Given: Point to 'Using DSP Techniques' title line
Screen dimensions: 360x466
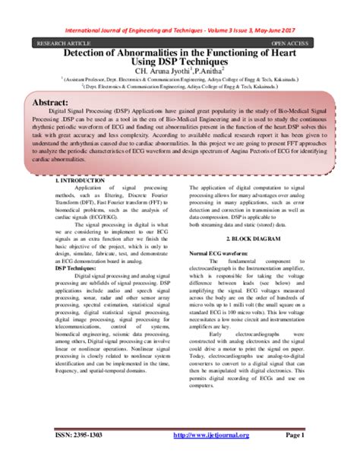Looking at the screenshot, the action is pyautogui.click(x=180, y=60).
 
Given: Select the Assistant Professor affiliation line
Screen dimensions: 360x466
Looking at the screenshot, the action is pyautogui.click(x=181, y=78).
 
